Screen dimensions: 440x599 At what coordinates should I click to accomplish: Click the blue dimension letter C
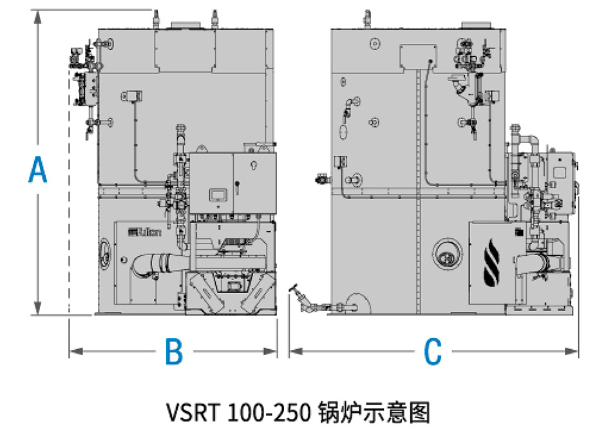pyautogui.click(x=433, y=352)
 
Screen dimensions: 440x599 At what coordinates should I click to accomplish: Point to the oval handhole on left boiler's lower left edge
pyautogui.click(x=104, y=253)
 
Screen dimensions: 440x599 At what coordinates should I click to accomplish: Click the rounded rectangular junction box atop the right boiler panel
pyautogui.click(x=418, y=56)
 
